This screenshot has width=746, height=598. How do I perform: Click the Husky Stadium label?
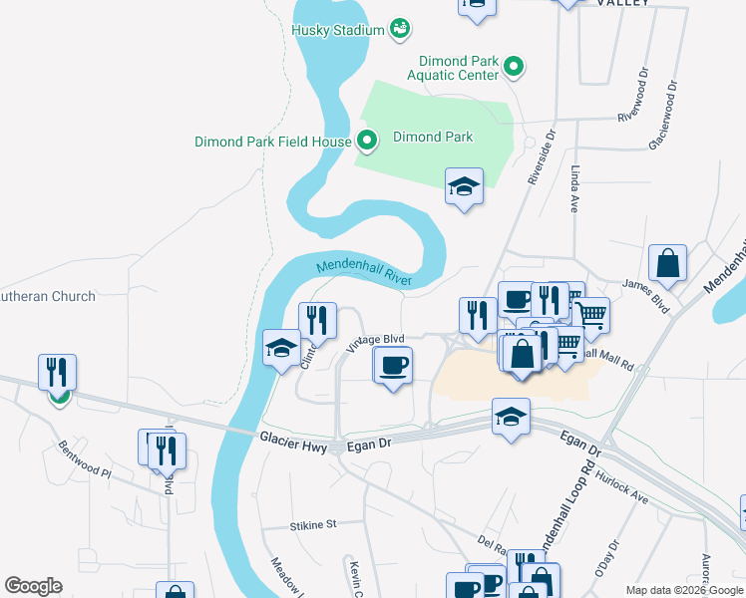pyautogui.click(x=337, y=30)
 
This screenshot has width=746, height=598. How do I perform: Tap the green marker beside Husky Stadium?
pyautogui.click(x=399, y=29)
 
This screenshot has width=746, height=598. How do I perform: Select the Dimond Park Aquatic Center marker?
pyautogui.click(x=515, y=68)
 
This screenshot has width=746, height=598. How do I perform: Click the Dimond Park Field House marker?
pyautogui.click(x=366, y=142)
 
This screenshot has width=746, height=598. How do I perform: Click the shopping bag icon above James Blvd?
pyautogui.click(x=667, y=264)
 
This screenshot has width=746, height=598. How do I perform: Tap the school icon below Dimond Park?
pyautogui.click(x=464, y=186)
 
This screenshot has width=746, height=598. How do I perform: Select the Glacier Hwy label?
pyautogui.click(x=292, y=438)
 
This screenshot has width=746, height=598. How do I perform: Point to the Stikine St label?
pyautogui.click(x=314, y=523)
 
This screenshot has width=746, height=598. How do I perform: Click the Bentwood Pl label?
pyautogui.click(x=84, y=459)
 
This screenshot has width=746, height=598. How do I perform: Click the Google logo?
pyautogui.click(x=33, y=586)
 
